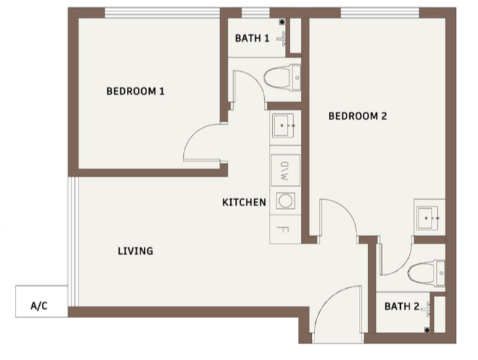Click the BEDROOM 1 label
point(135,91)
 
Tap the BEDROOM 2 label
point(358,116)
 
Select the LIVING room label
point(135,251)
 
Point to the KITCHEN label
point(244,202)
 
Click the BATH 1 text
point(252,38)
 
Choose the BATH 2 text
point(401,306)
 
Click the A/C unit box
point(41,301)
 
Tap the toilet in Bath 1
point(282,77)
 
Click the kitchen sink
point(283,126)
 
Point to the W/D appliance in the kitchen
point(285,170)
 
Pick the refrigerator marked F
point(285,229)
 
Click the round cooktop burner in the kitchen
point(285,201)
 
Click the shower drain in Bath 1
point(282,22)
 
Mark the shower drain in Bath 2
point(427,330)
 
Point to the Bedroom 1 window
point(162,13)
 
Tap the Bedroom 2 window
point(380,13)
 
